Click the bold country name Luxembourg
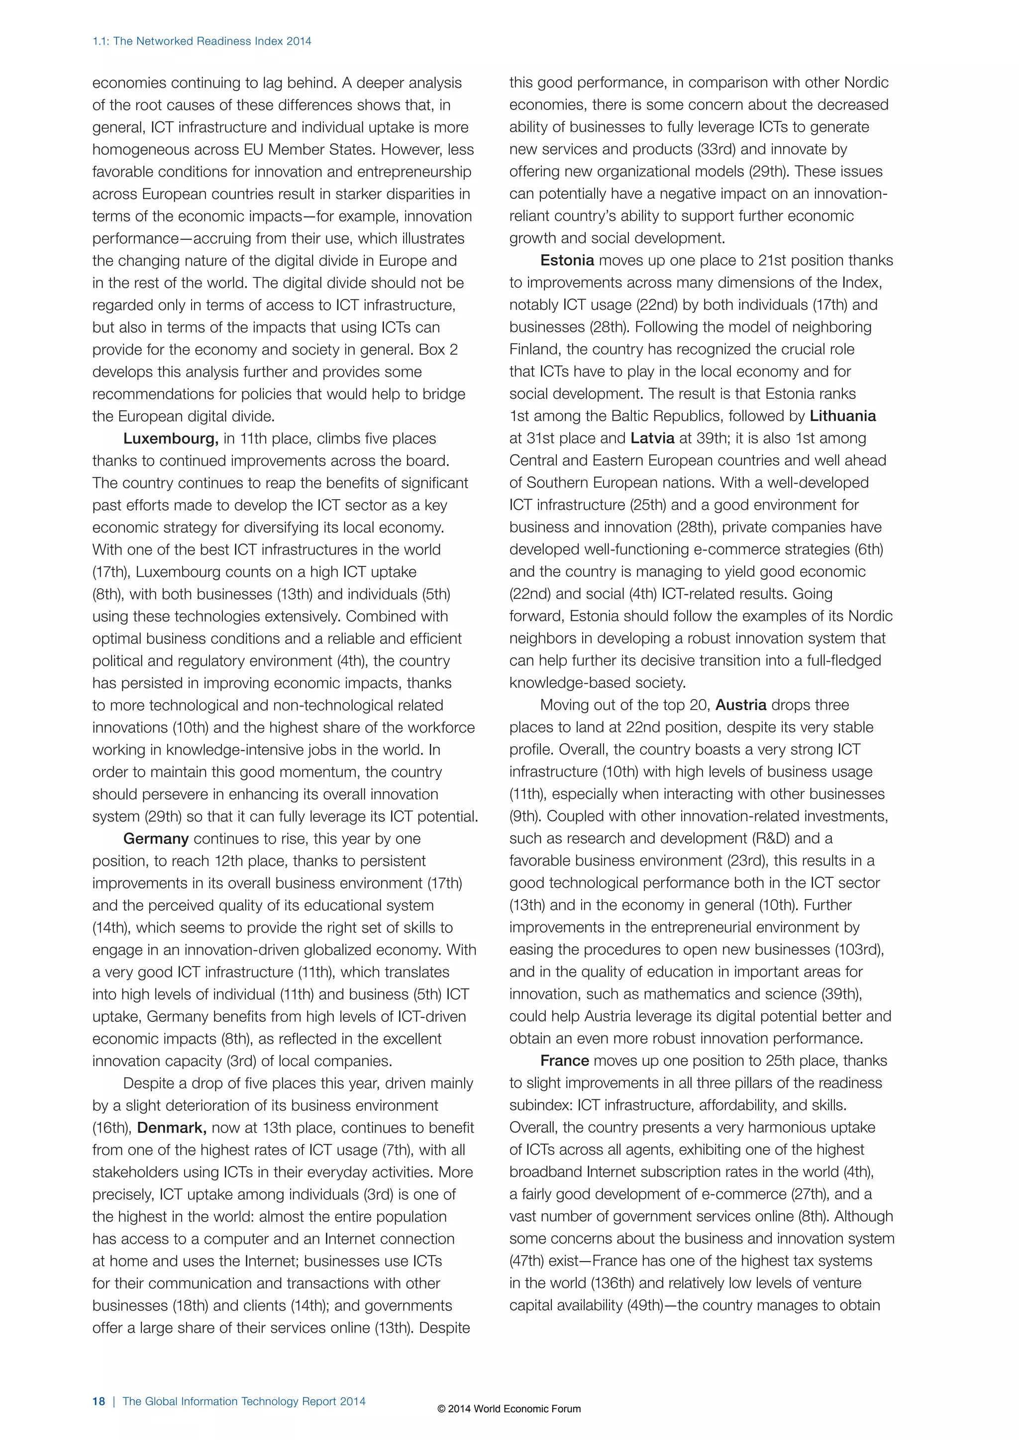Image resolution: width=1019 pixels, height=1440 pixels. click(x=171, y=439)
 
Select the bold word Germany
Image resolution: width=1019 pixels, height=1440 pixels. click(x=156, y=838)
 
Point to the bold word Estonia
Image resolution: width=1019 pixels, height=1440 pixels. click(x=567, y=260)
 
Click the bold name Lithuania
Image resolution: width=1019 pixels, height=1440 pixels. click(x=843, y=416)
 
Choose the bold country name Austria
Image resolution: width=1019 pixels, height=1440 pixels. click(x=740, y=705)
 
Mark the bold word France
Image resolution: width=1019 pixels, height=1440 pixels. click(x=564, y=1061)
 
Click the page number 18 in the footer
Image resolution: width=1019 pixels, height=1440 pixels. click(x=99, y=1401)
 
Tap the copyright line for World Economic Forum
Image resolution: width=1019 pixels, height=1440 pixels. click(x=509, y=1409)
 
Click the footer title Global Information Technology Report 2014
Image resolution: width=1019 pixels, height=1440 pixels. click(x=244, y=1401)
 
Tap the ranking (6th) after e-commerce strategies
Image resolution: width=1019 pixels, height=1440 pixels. click(x=868, y=549)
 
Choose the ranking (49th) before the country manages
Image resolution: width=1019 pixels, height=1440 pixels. click(x=645, y=1305)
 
